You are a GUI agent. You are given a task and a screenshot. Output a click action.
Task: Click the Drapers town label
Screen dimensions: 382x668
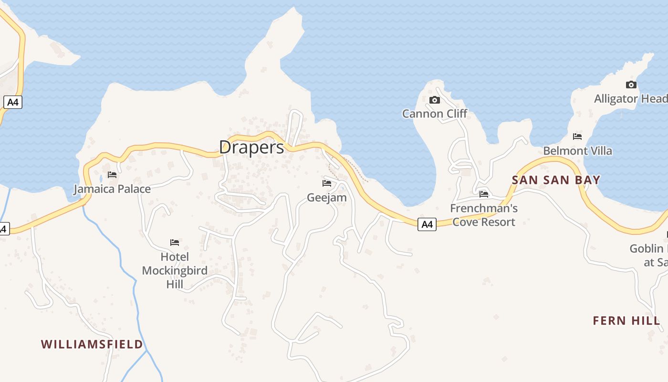pyautogui.click(x=251, y=147)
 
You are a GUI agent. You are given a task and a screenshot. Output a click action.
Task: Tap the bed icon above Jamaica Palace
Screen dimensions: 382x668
pyautogui.click(x=112, y=175)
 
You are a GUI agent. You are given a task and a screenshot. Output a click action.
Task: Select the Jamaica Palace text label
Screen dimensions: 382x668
pyautogui.click(x=112, y=189)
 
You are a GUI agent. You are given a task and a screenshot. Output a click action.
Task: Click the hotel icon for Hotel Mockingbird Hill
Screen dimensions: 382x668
pyautogui.click(x=175, y=243)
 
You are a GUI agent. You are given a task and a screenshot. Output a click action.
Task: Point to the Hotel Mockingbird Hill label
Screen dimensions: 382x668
pyautogui.click(x=175, y=271)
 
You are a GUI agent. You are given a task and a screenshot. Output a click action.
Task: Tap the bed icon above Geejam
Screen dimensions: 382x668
pyautogui.click(x=327, y=183)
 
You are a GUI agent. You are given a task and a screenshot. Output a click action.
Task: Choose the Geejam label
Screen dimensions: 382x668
pyautogui.click(x=327, y=197)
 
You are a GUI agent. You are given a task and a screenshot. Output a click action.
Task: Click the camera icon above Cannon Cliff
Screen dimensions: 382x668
pyautogui.click(x=434, y=100)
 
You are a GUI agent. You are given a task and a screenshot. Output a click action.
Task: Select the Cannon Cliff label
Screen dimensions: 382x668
pyautogui.click(x=435, y=114)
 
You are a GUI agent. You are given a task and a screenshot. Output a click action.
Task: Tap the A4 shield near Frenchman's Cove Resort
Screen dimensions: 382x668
pyautogui.click(x=427, y=224)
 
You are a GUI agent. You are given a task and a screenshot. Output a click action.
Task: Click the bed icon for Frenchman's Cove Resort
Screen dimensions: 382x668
pyautogui.click(x=484, y=194)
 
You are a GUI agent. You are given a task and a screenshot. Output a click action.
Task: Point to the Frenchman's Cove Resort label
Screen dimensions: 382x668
pyautogui.click(x=484, y=215)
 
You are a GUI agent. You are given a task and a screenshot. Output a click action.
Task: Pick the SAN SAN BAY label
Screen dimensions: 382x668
pyautogui.click(x=556, y=180)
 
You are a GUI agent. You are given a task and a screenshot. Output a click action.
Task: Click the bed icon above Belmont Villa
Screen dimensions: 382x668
pyautogui.click(x=577, y=137)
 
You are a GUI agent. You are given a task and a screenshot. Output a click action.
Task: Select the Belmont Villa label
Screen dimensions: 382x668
pyautogui.click(x=577, y=151)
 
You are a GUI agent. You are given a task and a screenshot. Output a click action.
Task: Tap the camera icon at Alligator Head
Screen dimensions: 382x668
pyautogui.click(x=631, y=85)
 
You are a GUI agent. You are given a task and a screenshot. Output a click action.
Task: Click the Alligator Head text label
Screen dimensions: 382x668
pyautogui.click(x=630, y=99)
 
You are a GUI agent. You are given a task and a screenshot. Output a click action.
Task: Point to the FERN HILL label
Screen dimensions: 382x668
pyautogui.click(x=626, y=321)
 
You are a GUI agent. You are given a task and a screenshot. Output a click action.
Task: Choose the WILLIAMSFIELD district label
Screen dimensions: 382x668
pyautogui.click(x=92, y=344)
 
